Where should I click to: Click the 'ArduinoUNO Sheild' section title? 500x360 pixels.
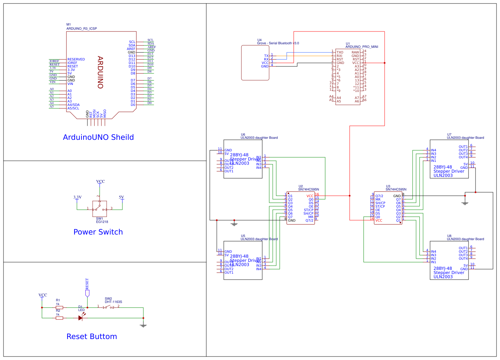[98, 137]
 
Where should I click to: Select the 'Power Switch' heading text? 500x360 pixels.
[98, 232]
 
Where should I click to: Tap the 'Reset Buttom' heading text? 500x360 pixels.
[92, 337]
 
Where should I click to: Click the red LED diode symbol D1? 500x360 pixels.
[81, 318]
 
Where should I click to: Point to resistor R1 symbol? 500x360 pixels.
[59, 308]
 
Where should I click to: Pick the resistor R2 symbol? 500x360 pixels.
[59, 318]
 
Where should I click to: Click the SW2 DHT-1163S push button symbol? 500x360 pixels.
[108, 307]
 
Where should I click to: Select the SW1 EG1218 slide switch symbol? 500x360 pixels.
[99, 209]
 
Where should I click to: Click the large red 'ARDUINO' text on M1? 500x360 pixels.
[100, 72]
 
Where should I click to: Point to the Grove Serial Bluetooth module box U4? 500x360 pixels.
[255, 63]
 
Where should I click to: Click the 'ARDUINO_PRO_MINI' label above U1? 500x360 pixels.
[362, 47]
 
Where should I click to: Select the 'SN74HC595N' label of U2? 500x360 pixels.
[308, 189]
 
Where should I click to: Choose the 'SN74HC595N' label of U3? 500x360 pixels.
[396, 189]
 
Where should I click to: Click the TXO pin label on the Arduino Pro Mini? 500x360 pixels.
[340, 52]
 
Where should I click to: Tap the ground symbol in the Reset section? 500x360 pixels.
[143, 325]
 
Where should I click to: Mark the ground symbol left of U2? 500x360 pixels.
[234, 224]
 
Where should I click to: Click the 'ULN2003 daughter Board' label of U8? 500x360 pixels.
[465, 239]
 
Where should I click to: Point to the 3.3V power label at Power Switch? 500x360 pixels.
[77, 197]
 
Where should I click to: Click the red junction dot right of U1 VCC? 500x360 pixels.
[385, 63]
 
